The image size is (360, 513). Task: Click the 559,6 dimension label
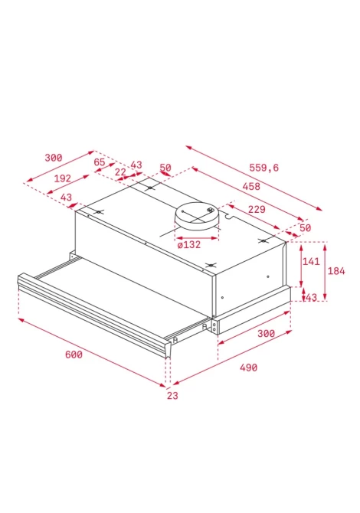(x=263, y=168)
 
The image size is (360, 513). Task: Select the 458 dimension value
(x=251, y=186)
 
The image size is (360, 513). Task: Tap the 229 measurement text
(x=257, y=209)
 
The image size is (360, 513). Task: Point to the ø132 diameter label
(x=189, y=244)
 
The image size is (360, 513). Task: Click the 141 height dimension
(x=311, y=261)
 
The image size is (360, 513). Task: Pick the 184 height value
(x=336, y=271)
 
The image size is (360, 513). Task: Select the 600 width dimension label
(x=74, y=355)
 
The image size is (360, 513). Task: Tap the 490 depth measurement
(x=248, y=368)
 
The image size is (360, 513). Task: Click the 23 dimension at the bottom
(x=172, y=396)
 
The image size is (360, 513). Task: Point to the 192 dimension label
(x=63, y=178)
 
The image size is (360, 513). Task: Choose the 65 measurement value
(x=100, y=162)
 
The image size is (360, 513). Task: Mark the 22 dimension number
(x=120, y=172)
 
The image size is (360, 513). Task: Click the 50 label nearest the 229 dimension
(x=305, y=227)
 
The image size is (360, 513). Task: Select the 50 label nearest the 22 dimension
(x=165, y=168)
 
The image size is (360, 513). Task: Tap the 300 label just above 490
(x=266, y=333)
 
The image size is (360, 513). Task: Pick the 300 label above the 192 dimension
(x=54, y=158)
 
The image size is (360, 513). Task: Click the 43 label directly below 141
(x=311, y=297)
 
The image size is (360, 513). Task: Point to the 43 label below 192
(x=66, y=198)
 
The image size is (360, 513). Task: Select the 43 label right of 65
(x=136, y=165)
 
